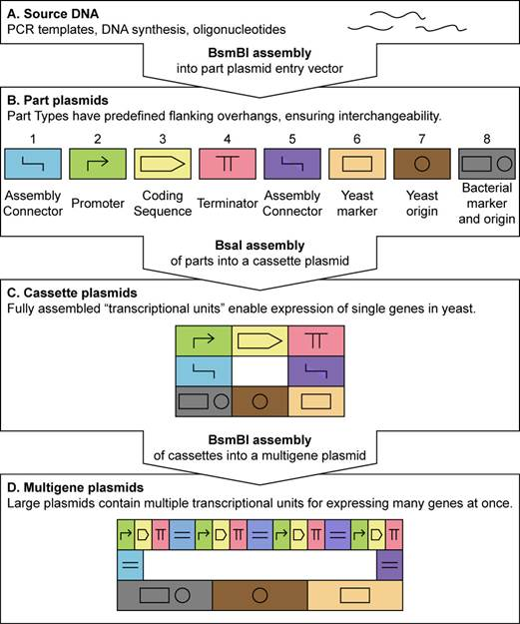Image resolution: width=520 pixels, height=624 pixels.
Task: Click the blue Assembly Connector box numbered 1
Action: tap(36, 163)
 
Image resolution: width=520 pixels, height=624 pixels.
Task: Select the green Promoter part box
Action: tap(98, 163)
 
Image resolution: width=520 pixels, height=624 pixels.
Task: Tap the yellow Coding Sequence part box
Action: tap(162, 163)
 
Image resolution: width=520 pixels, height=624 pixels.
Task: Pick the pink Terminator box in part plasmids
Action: tap(227, 163)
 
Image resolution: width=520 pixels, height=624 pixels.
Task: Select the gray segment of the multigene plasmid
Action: tap(164, 596)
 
